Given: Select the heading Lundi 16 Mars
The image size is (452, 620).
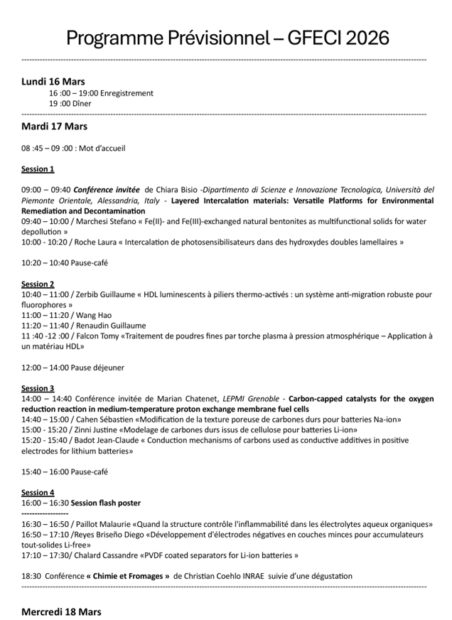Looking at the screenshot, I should [x=53, y=81].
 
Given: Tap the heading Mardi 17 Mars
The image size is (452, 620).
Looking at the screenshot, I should [x=55, y=127].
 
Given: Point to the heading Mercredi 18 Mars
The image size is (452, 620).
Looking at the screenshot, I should [x=61, y=611].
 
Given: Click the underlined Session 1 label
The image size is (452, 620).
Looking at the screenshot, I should [x=38, y=169].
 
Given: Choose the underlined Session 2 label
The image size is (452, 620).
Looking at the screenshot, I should [x=38, y=284].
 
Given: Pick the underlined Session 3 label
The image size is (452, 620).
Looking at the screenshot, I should [x=38, y=388].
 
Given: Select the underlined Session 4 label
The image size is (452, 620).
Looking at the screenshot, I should [x=38, y=493].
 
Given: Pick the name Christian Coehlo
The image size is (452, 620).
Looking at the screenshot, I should [x=215, y=576].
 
